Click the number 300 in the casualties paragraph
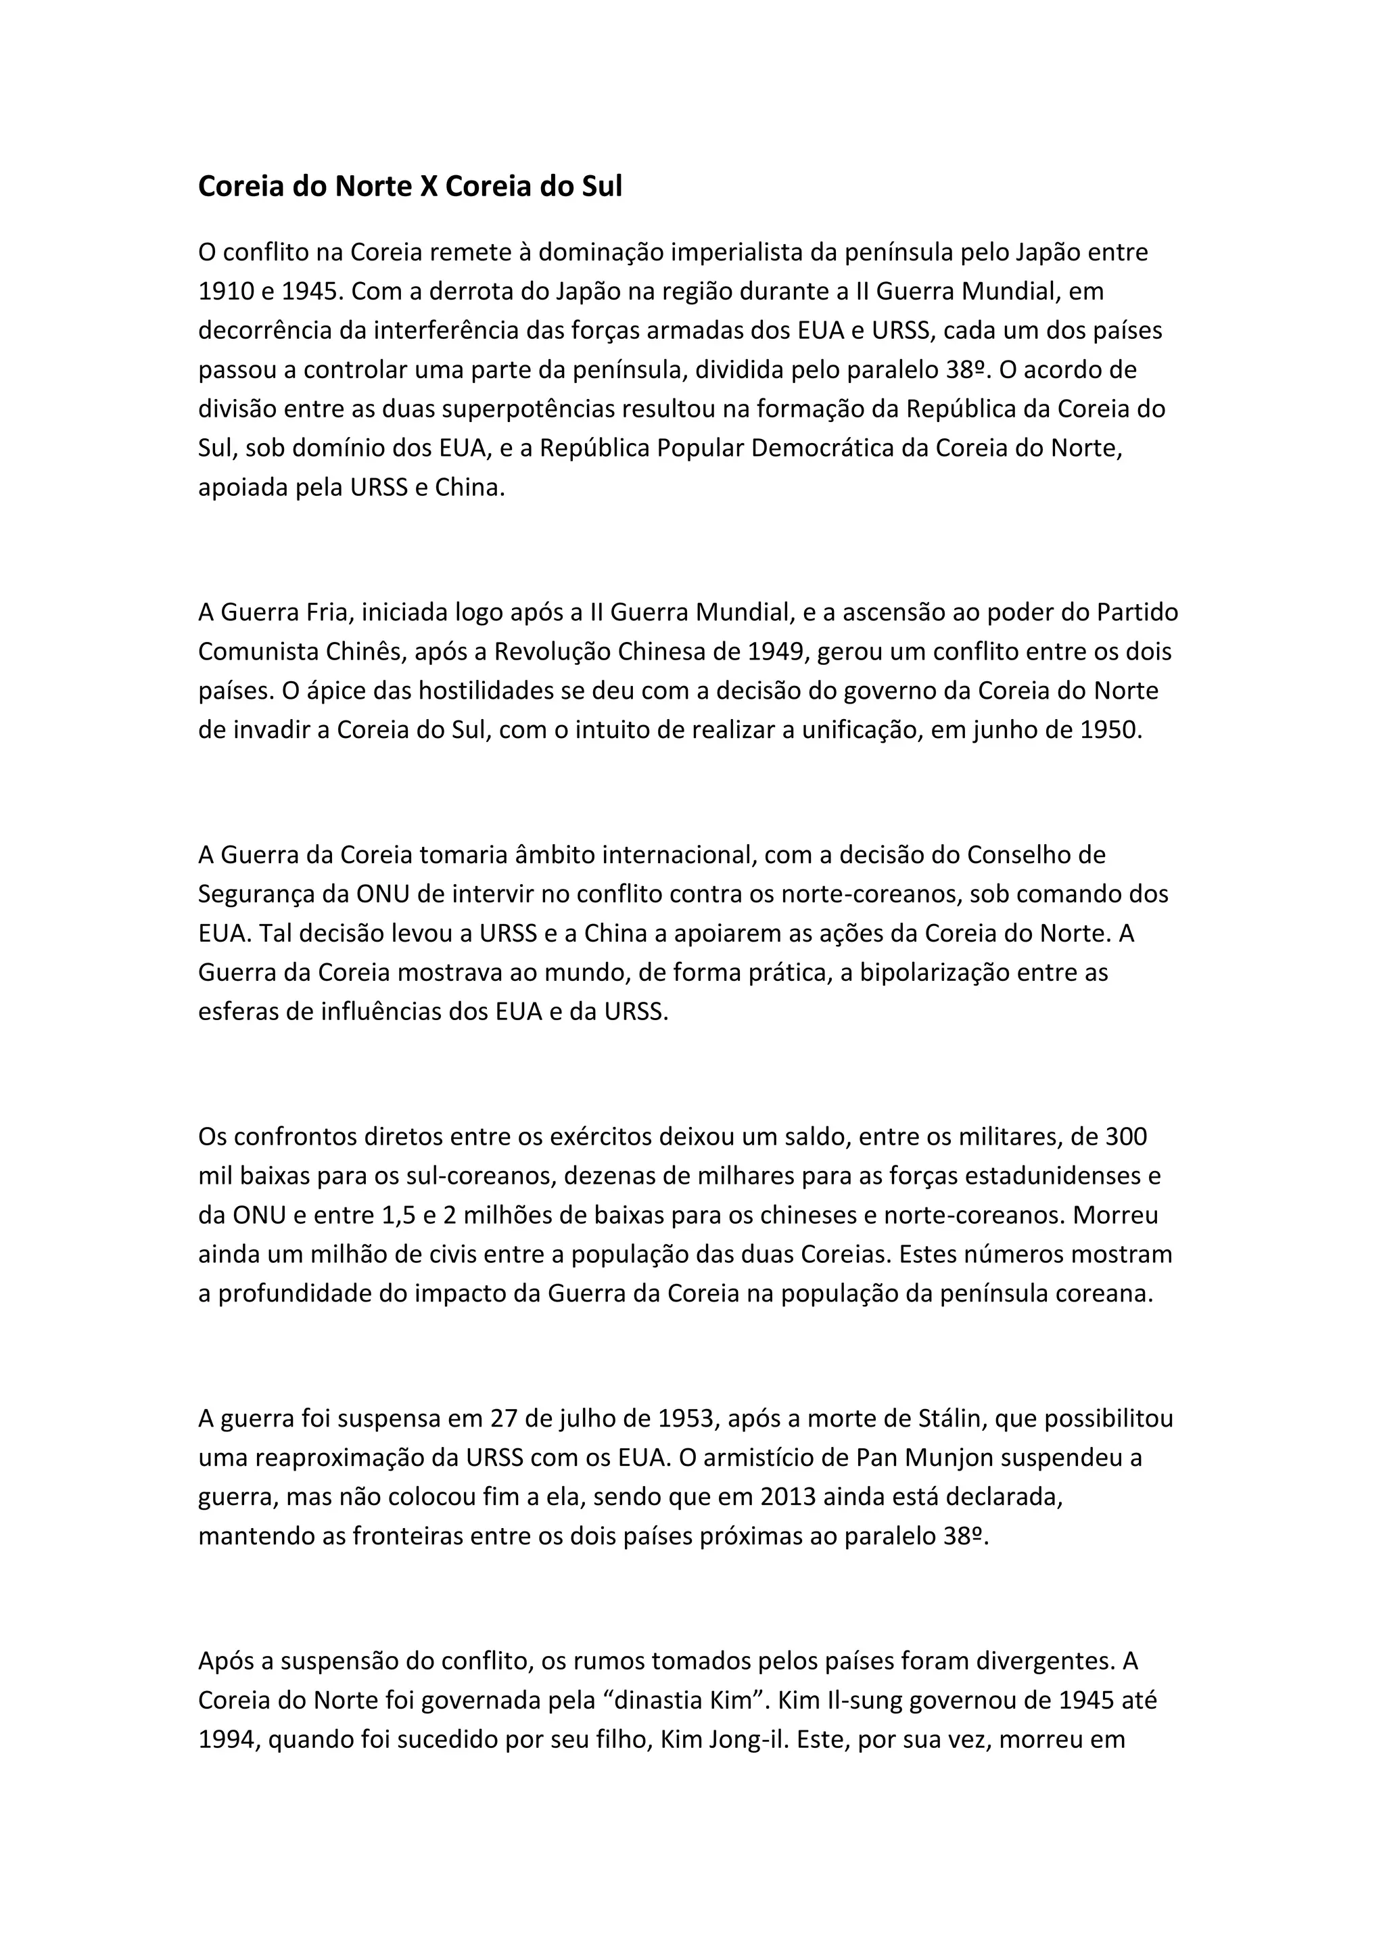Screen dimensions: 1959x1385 point(1126,1136)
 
